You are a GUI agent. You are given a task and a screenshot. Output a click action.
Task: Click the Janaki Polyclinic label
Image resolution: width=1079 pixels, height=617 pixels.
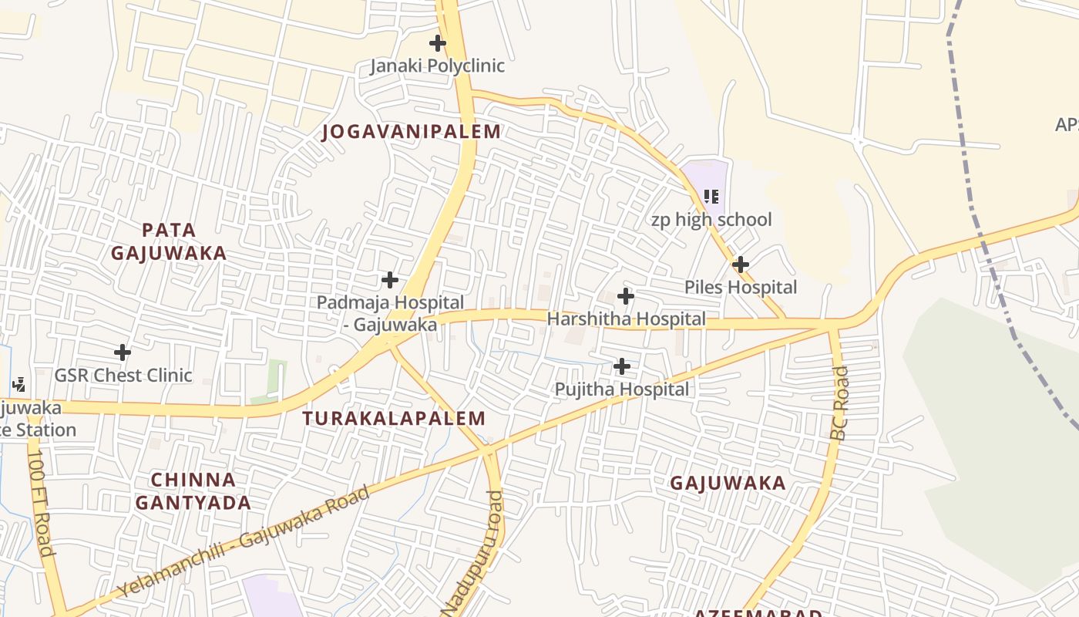(x=437, y=66)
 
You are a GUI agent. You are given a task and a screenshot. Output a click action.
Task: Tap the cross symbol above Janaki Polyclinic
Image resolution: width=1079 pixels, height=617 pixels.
(x=438, y=43)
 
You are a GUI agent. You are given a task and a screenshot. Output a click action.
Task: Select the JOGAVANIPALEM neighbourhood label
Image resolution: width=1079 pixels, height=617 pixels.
(x=412, y=131)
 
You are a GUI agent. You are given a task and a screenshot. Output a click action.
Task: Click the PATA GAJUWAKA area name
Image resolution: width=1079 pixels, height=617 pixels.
(x=169, y=241)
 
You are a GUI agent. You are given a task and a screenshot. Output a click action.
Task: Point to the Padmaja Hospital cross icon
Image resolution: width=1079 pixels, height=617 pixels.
(x=390, y=280)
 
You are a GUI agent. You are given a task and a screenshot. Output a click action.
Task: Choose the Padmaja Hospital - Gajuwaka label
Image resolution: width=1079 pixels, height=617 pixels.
(x=391, y=313)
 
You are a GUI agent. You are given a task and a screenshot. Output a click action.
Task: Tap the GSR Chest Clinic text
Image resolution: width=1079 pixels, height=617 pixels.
(x=123, y=376)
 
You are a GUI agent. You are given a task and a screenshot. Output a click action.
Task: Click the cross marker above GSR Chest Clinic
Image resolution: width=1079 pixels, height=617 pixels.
(x=122, y=353)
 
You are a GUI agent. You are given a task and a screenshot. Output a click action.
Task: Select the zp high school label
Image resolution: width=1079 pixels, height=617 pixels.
(x=711, y=220)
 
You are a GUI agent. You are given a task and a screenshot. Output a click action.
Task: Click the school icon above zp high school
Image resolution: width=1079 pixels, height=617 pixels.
(x=711, y=197)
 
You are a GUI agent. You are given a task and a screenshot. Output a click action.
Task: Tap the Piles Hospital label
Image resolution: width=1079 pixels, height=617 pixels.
(x=741, y=287)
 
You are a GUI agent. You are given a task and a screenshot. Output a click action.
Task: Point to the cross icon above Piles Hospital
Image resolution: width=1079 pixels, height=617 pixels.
(x=741, y=265)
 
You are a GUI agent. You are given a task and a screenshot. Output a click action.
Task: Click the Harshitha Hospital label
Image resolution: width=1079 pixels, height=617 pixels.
(x=626, y=319)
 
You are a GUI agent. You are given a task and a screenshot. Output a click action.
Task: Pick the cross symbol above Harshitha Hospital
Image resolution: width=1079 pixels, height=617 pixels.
(x=626, y=296)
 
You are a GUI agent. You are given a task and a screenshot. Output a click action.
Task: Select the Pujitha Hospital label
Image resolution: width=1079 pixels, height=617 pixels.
(x=622, y=389)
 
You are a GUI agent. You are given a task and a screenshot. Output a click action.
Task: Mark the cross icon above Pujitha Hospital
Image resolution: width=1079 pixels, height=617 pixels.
(x=622, y=366)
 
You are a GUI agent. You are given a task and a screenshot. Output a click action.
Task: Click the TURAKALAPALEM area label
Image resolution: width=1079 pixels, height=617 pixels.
(x=394, y=419)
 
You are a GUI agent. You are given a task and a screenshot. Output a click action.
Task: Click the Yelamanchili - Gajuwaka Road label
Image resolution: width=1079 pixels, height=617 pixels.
(x=244, y=541)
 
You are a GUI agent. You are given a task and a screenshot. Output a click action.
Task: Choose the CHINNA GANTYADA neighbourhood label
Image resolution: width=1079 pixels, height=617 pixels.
(x=193, y=491)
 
